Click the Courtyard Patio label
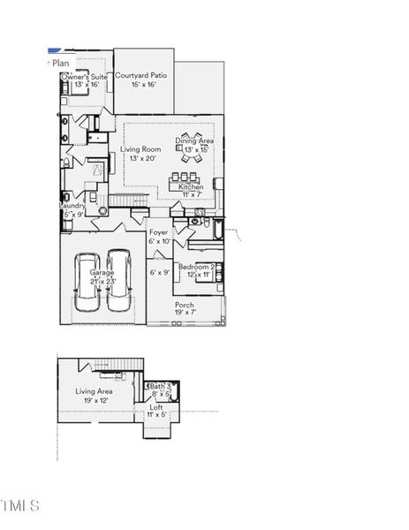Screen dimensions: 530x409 pos(143,76)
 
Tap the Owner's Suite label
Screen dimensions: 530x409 pos(84,77)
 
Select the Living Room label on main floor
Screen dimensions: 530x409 pos(140,149)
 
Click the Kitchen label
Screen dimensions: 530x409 pos(191,186)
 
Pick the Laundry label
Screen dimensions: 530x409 pos(72,205)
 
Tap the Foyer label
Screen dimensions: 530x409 pos(159,232)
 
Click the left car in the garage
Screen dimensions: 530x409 pos(87,282)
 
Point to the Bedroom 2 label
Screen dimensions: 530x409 pos(195,266)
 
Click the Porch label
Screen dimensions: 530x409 pos(184,304)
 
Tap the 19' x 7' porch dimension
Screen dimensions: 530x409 pos(184,312)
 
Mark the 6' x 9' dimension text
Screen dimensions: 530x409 pos(159,272)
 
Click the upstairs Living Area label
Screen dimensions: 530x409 pos(93,390)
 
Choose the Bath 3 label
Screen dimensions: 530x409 pos(160,386)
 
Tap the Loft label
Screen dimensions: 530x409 pos(156,406)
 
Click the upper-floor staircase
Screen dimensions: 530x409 pos(117,364)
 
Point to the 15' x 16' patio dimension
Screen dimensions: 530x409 pos(143,85)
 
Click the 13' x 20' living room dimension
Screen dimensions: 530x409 pos(139,158)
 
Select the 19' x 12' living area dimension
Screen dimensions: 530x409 pos(93,400)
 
